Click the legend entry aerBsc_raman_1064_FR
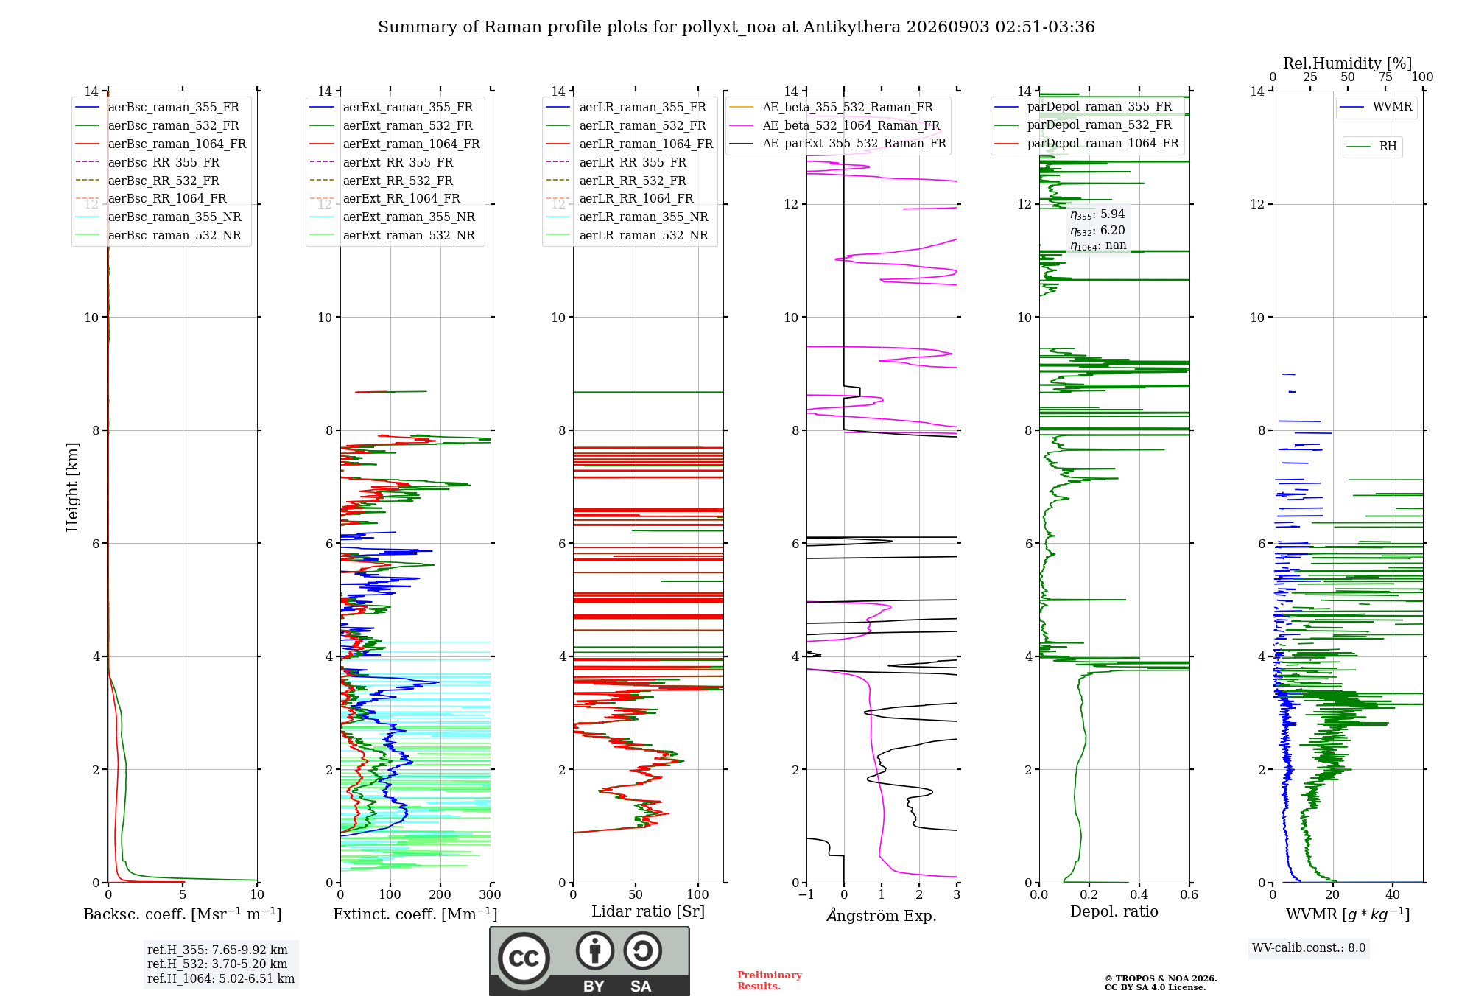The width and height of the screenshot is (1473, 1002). click(x=161, y=144)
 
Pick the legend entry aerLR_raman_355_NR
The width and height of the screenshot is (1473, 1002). click(x=627, y=217)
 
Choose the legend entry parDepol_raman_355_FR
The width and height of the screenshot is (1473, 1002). click(x=1083, y=106)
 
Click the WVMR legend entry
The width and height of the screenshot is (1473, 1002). click(x=1376, y=107)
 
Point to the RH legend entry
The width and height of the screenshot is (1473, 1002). click(x=1371, y=147)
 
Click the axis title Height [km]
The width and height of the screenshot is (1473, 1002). click(x=72, y=487)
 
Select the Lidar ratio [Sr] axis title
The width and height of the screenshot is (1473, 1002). click(x=648, y=911)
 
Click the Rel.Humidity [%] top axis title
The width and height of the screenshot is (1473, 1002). click(x=1348, y=63)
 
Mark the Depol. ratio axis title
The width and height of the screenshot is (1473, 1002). click(x=1114, y=911)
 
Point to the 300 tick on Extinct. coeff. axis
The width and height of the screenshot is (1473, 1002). click(x=491, y=894)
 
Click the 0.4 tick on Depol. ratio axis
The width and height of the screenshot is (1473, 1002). click(x=1139, y=894)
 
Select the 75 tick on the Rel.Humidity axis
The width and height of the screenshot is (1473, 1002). click(x=1385, y=77)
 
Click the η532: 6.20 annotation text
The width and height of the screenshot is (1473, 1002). click(x=1097, y=231)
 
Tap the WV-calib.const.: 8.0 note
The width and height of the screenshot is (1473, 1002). click(x=1309, y=948)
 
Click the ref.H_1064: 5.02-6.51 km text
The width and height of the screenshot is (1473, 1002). click(x=221, y=978)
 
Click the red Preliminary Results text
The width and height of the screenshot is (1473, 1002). click(x=770, y=981)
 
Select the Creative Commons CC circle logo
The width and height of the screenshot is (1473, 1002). click(x=524, y=958)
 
